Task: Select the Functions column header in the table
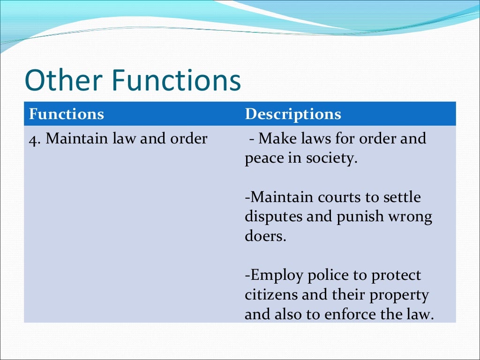click(66, 114)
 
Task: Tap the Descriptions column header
click(293, 114)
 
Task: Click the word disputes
click(272, 217)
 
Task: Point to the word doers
click(264, 236)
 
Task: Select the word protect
click(396, 275)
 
